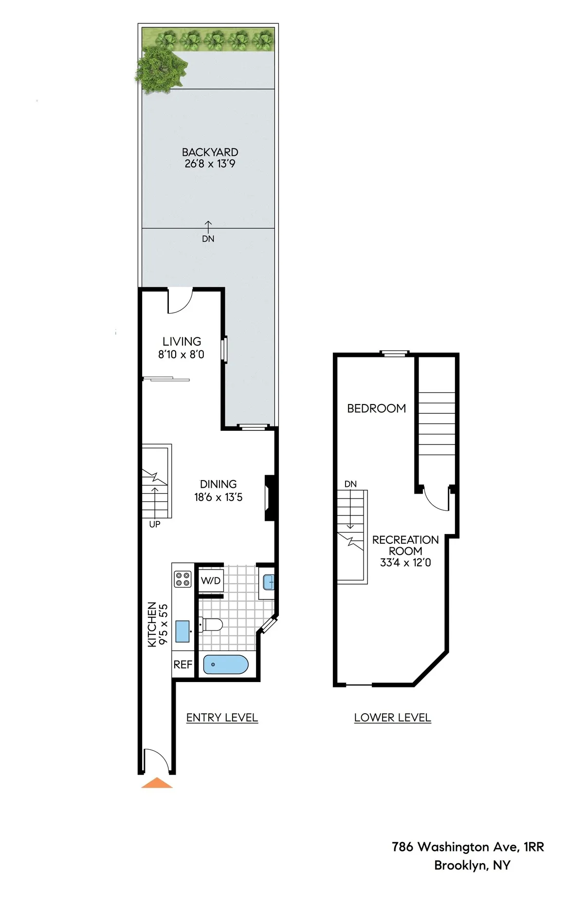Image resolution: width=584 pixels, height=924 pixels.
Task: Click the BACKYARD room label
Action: (210, 152)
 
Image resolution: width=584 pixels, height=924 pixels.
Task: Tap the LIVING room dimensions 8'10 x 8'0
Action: (181, 355)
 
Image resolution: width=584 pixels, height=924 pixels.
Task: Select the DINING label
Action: (218, 484)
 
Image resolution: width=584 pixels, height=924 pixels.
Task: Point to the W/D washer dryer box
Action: (211, 581)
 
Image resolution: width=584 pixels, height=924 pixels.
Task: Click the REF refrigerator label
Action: (183, 665)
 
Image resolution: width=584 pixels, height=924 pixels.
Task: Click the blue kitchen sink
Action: (182, 631)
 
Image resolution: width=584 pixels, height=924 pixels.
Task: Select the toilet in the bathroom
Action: (212, 625)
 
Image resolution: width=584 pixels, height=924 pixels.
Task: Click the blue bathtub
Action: (226, 665)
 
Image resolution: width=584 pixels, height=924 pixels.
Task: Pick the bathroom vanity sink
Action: (268, 582)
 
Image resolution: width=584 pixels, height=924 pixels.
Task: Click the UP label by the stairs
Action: (155, 524)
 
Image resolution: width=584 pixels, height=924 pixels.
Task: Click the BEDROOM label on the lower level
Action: (376, 408)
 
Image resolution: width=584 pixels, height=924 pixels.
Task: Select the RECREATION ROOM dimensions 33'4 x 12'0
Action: (405, 563)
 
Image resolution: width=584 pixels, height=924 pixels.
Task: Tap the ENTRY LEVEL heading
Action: (222, 718)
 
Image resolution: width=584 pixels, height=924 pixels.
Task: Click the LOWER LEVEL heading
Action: (392, 718)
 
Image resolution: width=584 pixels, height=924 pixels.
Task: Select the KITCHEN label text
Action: (152, 625)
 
